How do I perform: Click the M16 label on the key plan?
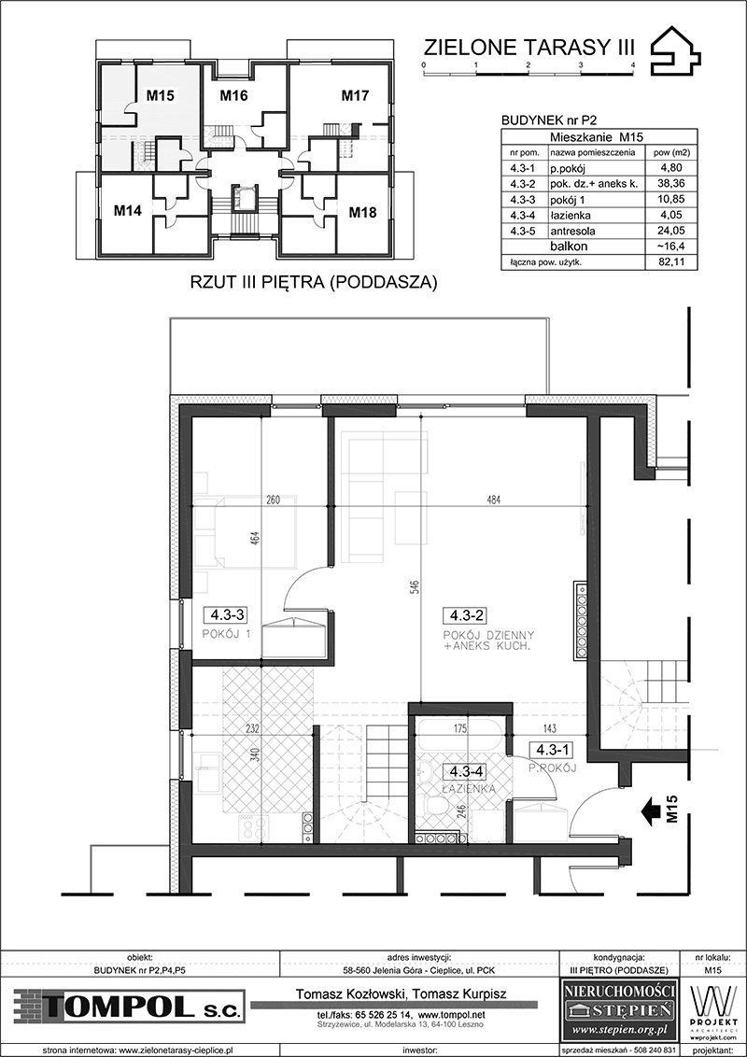click(x=234, y=96)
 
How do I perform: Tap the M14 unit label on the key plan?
click(x=127, y=210)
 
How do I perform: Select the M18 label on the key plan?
click(x=362, y=213)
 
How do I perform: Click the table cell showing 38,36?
click(x=670, y=183)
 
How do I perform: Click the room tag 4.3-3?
click(x=227, y=614)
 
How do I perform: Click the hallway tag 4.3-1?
click(x=550, y=748)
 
